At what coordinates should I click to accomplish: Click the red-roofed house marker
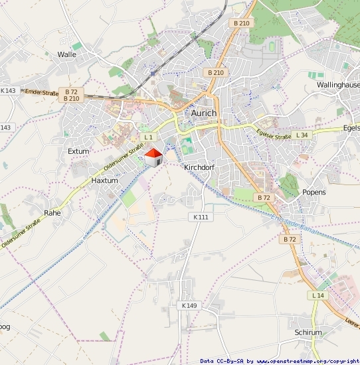click(x=153, y=157)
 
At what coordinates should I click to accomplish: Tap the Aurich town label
click(x=204, y=113)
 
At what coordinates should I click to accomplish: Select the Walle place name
click(x=67, y=54)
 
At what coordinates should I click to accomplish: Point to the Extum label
click(x=78, y=151)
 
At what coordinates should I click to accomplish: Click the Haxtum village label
click(x=104, y=180)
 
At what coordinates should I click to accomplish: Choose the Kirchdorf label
click(x=199, y=167)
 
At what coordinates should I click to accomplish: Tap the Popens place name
click(x=314, y=192)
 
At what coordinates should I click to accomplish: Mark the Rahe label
click(x=52, y=213)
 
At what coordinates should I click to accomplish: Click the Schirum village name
click(x=308, y=332)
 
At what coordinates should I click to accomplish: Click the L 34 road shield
click(x=302, y=135)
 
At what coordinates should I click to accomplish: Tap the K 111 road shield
click(x=200, y=217)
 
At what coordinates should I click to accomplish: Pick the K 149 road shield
click(x=189, y=305)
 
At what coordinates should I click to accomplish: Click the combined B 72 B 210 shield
click(x=72, y=95)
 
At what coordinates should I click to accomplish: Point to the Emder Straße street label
click(x=42, y=94)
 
